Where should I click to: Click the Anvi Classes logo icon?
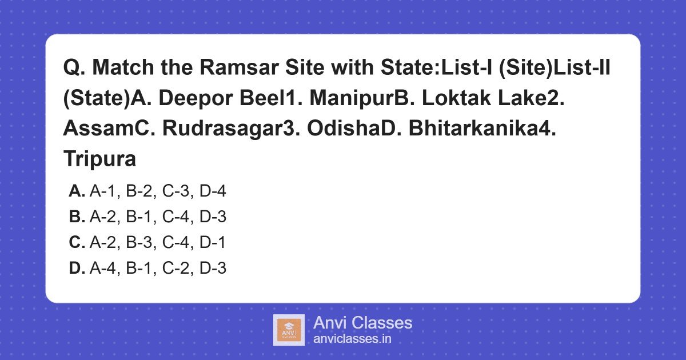289,330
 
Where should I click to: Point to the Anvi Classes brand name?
362,323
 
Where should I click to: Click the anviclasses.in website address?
352,339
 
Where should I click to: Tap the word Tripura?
99,159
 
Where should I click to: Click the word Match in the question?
122,68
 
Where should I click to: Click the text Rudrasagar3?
232,129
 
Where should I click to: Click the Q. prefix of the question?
74,68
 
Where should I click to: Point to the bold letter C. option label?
77,243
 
